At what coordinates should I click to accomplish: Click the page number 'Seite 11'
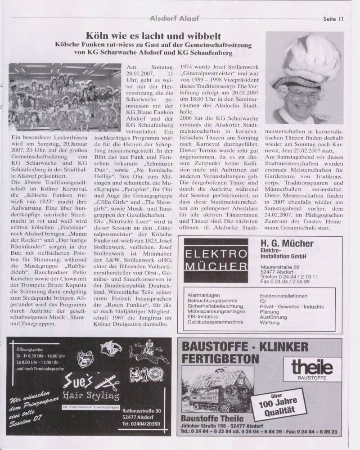click(x=333, y=18)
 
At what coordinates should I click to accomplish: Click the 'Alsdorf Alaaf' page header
click(x=175, y=18)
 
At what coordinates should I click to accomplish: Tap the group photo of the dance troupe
click(x=58, y=97)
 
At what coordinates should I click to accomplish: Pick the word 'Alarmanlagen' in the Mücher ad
click(x=202, y=296)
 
